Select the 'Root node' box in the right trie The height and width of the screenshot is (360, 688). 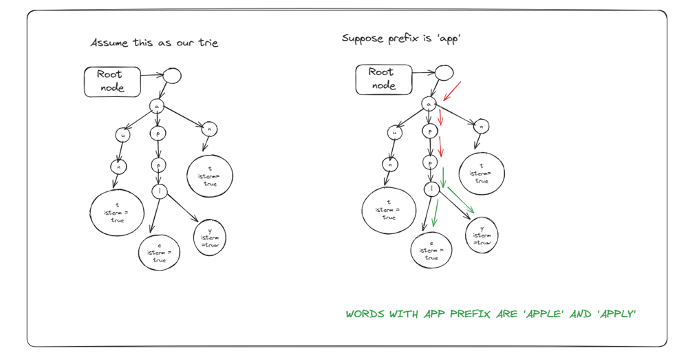coord(383,78)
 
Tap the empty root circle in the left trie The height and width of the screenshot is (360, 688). coord(171,76)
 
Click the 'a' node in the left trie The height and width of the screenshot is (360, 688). coord(157,106)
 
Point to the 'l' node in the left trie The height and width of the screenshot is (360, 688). coord(159,191)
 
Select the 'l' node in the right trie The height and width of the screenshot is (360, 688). coord(431,188)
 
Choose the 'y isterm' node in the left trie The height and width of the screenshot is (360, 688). coord(210,237)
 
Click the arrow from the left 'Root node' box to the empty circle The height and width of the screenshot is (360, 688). coord(151,72)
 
